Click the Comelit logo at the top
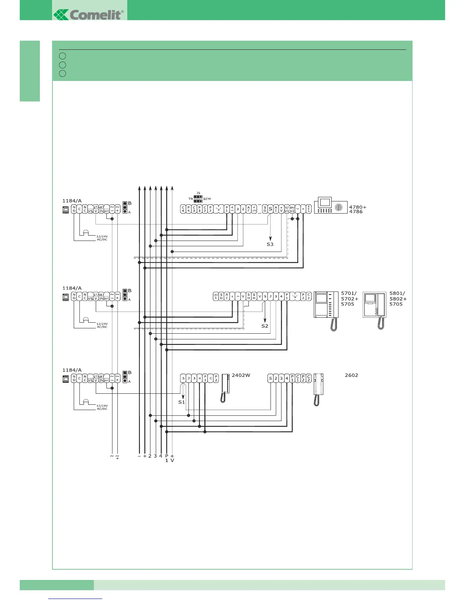click(89, 14)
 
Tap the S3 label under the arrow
click(270, 244)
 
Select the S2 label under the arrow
click(264, 326)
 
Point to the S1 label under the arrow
click(181, 402)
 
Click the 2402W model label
click(241, 375)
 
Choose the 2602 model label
click(351, 375)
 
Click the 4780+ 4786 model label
click(357, 209)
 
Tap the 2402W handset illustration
click(225, 388)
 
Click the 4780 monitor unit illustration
click(331, 206)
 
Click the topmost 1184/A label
click(72, 201)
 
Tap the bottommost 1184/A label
click(72, 370)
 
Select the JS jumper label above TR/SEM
click(198, 193)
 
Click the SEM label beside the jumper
click(207, 199)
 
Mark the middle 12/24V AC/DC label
click(102, 325)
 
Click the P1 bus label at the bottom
click(166, 458)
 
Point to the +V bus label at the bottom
click(172, 458)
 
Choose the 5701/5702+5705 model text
click(350, 299)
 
